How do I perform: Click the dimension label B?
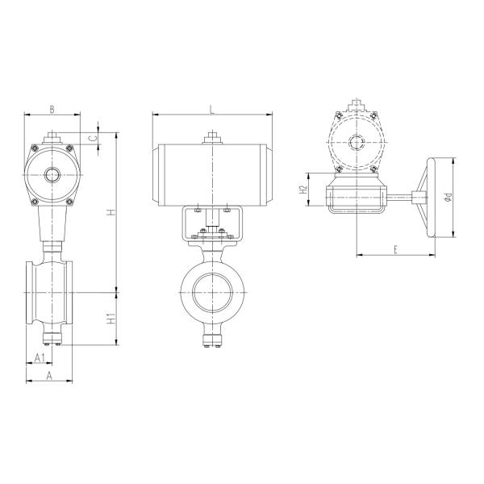click(52, 108)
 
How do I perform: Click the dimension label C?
click(92, 137)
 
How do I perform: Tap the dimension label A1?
click(39, 357)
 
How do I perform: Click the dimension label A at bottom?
click(48, 375)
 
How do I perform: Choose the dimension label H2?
click(303, 190)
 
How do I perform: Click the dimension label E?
click(395, 249)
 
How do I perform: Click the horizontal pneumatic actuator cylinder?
click(212, 172)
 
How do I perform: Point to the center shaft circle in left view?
click(53, 175)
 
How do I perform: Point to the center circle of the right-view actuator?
click(356, 143)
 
